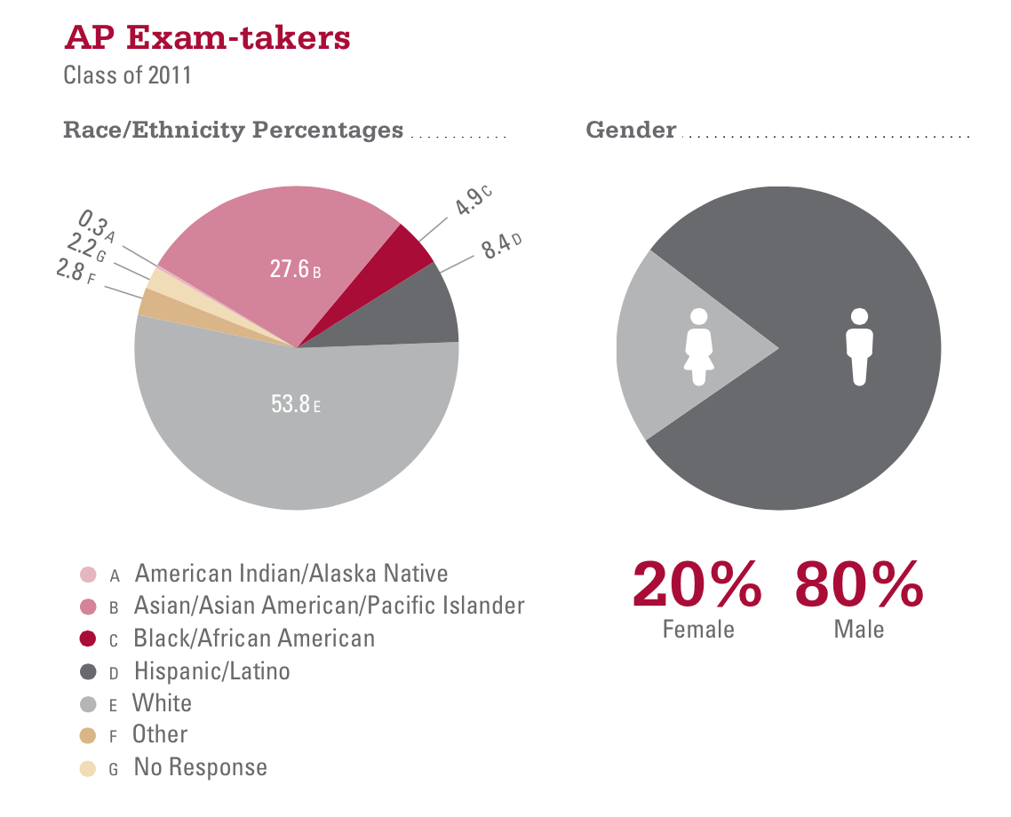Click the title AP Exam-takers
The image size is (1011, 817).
pyautogui.click(x=207, y=38)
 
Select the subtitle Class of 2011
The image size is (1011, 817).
pyautogui.click(x=127, y=75)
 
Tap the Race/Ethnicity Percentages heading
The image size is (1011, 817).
pyautogui.click(x=233, y=131)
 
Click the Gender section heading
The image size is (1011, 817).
pyautogui.click(x=631, y=131)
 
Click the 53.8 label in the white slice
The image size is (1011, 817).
pyautogui.click(x=291, y=405)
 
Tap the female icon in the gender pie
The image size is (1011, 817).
pyautogui.click(x=699, y=346)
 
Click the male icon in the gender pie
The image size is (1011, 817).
pyautogui.click(x=858, y=346)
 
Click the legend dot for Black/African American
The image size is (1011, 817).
pyautogui.click(x=87, y=639)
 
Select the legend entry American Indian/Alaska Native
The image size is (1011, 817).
pyautogui.click(x=291, y=574)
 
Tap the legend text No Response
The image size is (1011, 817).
pyautogui.click(x=200, y=767)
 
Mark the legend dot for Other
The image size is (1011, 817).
pyautogui.click(x=87, y=735)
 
